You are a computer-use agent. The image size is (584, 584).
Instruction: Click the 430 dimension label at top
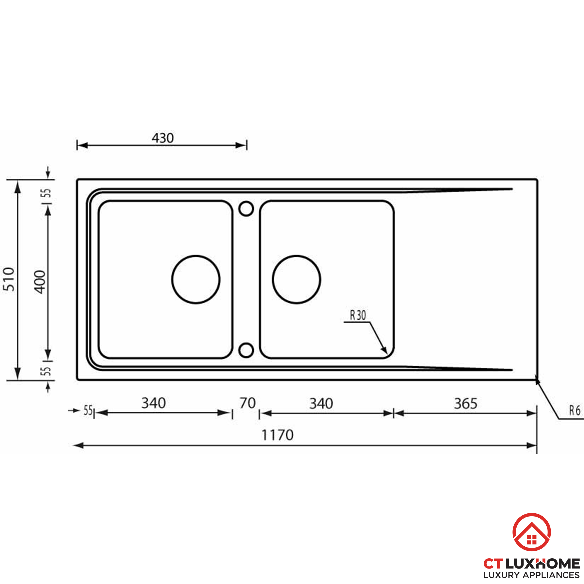coord(163,138)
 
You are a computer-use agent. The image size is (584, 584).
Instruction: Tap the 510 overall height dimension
coord(9,279)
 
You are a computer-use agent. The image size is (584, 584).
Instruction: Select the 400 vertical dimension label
coord(40,282)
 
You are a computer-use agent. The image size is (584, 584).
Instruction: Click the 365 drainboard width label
coord(465,404)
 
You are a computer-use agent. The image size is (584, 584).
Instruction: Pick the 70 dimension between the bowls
coord(248,403)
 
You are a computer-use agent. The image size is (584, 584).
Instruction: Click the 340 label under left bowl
coord(154,403)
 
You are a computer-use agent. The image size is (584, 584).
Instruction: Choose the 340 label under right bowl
coord(321,404)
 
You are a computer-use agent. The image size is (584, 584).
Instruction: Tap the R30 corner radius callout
coord(358,315)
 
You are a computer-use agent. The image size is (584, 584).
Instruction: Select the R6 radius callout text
coord(575,411)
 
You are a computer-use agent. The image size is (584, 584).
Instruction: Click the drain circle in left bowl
coord(196,279)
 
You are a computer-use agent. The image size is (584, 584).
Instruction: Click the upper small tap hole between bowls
coord(246,208)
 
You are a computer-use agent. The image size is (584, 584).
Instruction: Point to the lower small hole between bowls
coord(246,350)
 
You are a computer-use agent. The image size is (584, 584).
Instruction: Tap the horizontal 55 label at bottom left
coord(88,411)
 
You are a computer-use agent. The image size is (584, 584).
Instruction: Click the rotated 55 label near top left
coord(46,193)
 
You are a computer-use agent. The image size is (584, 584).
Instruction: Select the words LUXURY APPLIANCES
coord(531,575)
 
